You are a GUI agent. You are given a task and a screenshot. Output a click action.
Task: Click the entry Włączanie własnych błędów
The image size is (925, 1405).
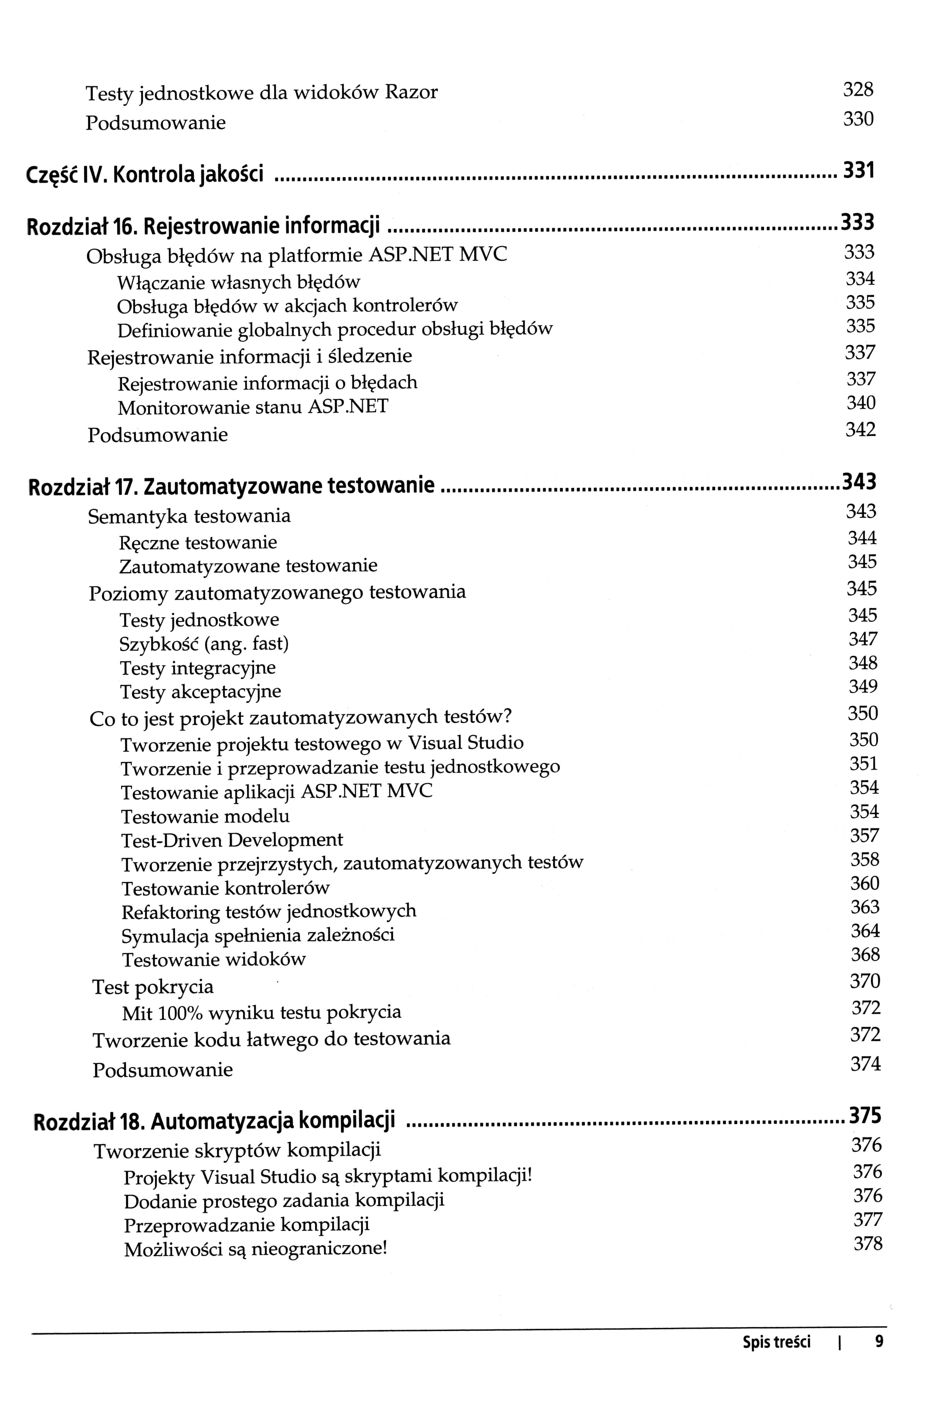tap(238, 282)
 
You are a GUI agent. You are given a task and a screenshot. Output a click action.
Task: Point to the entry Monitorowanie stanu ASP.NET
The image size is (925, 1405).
tap(253, 407)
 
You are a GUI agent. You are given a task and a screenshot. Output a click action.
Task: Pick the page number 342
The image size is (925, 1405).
tap(861, 430)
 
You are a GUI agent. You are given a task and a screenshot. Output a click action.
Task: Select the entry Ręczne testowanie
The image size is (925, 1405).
tap(198, 542)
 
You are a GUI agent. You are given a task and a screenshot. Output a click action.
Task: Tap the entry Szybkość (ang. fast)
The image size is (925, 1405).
tap(204, 644)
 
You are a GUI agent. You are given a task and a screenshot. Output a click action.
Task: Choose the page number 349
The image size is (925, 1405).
tap(863, 687)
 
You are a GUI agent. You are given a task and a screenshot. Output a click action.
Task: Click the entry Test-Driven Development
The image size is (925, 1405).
tap(232, 840)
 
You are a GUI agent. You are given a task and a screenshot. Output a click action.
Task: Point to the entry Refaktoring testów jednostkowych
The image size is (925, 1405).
tap(269, 911)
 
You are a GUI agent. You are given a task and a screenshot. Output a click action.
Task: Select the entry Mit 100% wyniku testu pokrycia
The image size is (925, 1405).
tap(261, 1013)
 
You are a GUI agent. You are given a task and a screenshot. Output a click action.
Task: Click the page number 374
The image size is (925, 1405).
tap(865, 1064)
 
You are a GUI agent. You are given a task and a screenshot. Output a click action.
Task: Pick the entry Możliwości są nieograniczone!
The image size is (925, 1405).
tap(255, 1250)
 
